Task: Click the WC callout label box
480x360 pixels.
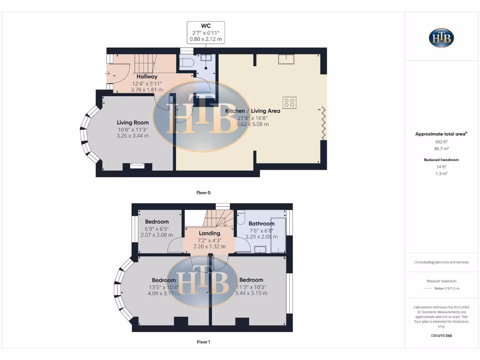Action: click(x=206, y=33)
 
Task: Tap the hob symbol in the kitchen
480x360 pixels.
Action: click(x=289, y=103)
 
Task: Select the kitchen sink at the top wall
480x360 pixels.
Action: click(x=285, y=59)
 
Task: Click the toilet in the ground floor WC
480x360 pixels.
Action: click(x=187, y=62)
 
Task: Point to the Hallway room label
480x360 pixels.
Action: click(x=147, y=76)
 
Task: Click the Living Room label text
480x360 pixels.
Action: click(x=133, y=122)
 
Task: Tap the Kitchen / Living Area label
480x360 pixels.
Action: click(x=253, y=111)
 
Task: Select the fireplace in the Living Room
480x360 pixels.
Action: click(x=137, y=165)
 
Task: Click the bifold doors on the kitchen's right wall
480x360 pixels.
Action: click(x=323, y=123)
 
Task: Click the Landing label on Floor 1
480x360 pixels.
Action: click(x=209, y=233)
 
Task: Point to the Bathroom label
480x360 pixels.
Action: click(x=261, y=224)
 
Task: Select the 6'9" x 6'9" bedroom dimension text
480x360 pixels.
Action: click(x=157, y=229)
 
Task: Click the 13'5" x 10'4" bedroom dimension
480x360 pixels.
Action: click(x=163, y=287)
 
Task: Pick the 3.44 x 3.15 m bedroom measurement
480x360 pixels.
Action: click(x=251, y=293)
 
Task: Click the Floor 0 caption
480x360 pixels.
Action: click(x=203, y=193)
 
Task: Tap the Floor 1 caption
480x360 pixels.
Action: click(x=203, y=342)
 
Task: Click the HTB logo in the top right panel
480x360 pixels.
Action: click(x=441, y=37)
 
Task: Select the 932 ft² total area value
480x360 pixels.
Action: click(x=441, y=141)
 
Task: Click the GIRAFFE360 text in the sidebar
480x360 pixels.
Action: click(x=441, y=336)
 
